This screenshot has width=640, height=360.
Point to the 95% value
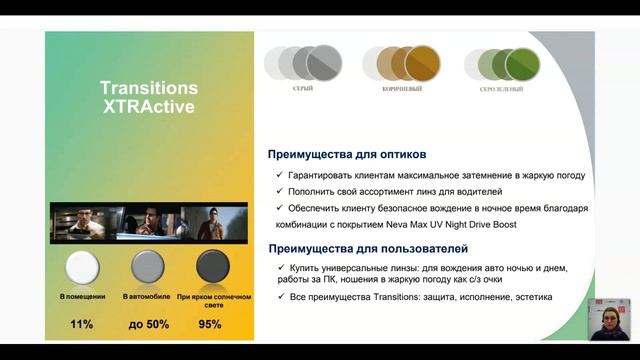(209, 324)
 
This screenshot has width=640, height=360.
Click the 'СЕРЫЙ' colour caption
(303, 89)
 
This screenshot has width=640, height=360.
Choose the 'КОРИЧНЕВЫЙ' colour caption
(402, 89)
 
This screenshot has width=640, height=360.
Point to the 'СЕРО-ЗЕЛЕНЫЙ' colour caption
(503, 89)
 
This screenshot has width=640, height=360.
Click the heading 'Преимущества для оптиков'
(347, 155)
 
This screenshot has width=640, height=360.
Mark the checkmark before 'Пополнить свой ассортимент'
(279, 191)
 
